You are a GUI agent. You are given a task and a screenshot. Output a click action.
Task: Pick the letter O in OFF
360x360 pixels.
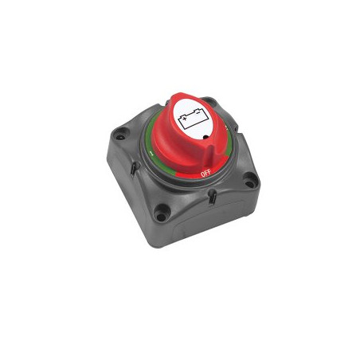pos(200,172)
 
